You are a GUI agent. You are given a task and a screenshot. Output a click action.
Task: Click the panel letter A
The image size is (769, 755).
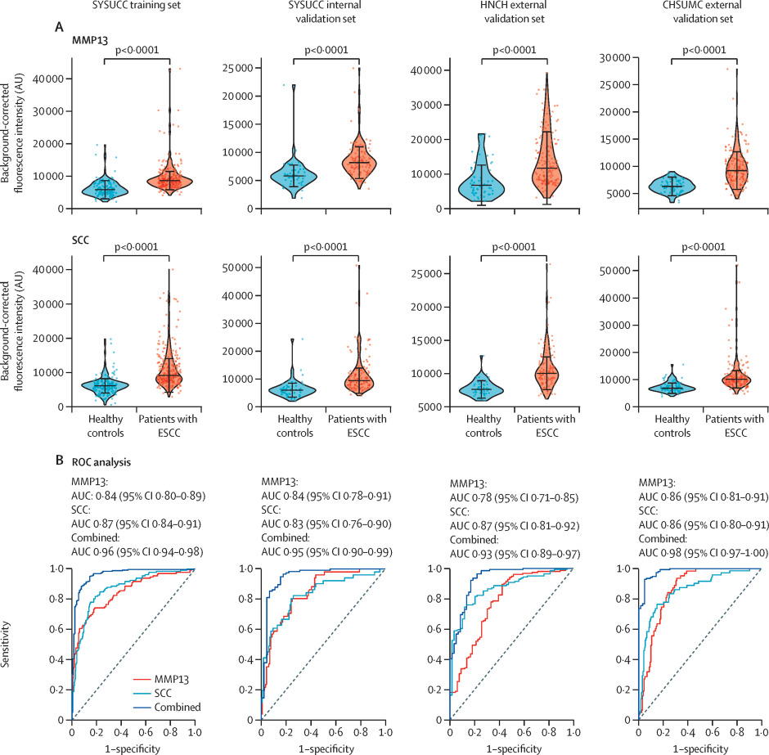tap(59, 27)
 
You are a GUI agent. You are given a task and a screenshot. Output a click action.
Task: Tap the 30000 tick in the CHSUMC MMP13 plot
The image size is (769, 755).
tap(615, 57)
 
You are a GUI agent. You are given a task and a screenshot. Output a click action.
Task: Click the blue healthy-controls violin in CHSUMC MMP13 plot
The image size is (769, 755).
tap(671, 187)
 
